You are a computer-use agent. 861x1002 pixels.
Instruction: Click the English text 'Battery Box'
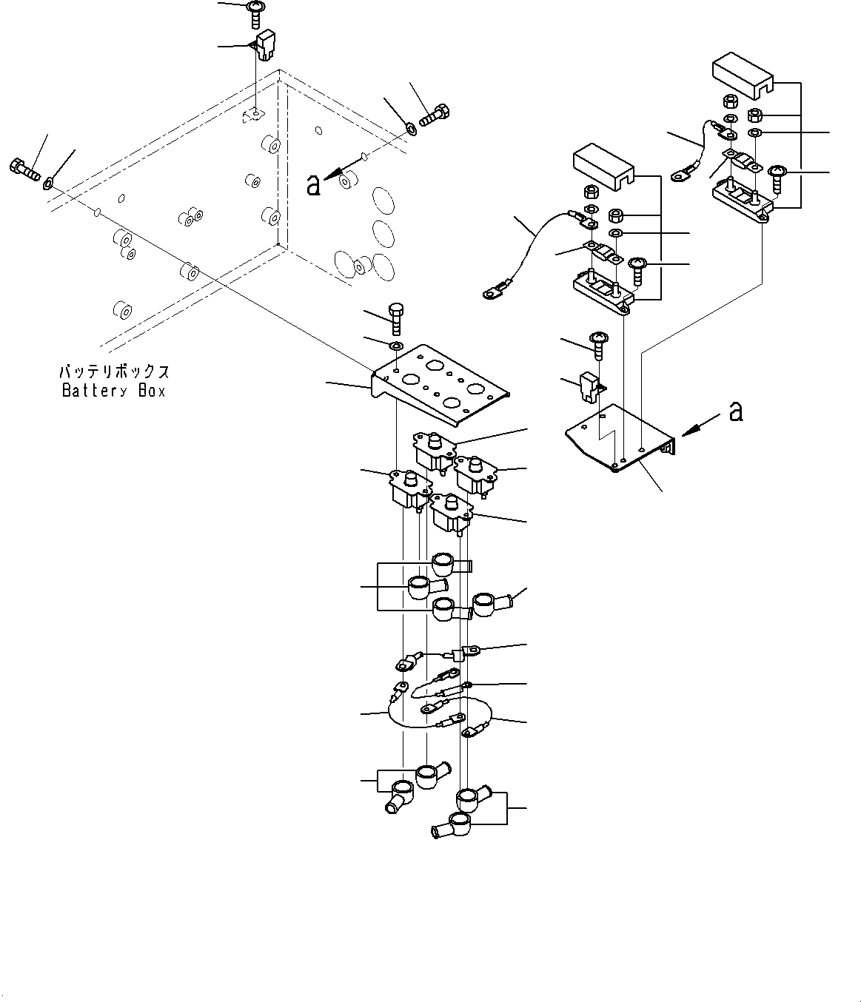coord(114,391)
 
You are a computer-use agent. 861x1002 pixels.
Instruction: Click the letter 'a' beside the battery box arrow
coord(314,185)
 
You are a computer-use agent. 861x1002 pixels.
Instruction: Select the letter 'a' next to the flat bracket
coord(735,411)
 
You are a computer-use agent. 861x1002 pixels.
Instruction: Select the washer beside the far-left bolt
coord(49,181)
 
